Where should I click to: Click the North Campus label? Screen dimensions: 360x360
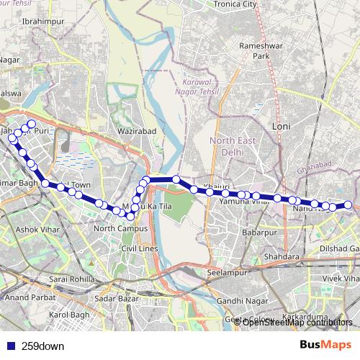120,228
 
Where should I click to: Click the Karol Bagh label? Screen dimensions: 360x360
67,315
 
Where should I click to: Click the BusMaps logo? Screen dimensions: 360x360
326,345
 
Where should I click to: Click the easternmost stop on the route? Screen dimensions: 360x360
348,205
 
